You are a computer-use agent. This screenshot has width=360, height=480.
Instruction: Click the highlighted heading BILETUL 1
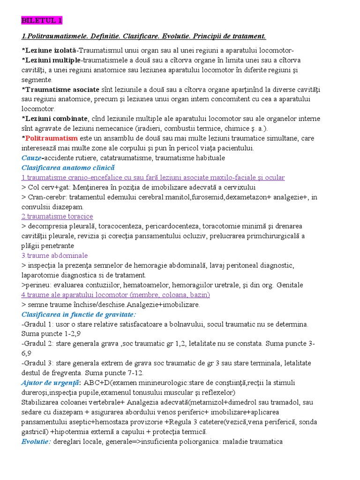[x=41, y=21]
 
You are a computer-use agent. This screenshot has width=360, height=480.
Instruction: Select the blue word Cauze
[x=31, y=158]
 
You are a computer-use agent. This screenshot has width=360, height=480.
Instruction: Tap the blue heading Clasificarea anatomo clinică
[x=68, y=167]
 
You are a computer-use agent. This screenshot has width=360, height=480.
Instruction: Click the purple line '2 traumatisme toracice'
[x=57, y=216]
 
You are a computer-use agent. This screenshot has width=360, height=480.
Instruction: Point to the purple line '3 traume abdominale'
[x=54, y=255]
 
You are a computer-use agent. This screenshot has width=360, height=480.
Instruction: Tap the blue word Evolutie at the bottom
[x=36, y=442]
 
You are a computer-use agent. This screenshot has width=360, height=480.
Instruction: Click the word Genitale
[x=290, y=285]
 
